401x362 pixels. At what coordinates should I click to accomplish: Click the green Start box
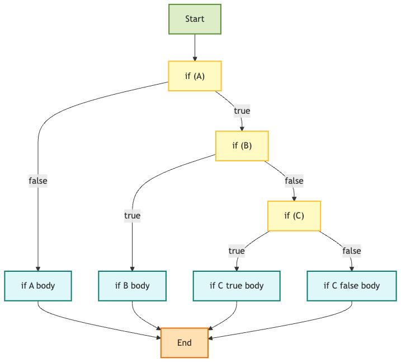(x=195, y=19)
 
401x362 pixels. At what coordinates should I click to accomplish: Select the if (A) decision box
(x=195, y=76)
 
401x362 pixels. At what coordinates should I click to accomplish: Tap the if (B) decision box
(x=242, y=146)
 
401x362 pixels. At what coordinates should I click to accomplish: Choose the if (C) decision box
(x=294, y=216)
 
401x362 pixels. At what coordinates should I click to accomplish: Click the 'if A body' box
(x=38, y=286)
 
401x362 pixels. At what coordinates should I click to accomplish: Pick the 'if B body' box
(x=132, y=286)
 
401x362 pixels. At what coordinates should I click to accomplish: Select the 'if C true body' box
(x=237, y=286)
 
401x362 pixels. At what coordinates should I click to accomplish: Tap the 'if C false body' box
(x=352, y=286)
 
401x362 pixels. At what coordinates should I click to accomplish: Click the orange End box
(x=185, y=343)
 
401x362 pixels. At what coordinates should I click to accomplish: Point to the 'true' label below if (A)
(x=242, y=111)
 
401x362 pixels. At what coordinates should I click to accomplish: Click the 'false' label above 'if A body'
(x=38, y=181)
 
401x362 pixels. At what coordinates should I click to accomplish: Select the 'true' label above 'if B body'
(x=132, y=216)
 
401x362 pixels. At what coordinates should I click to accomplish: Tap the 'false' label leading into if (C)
(x=294, y=181)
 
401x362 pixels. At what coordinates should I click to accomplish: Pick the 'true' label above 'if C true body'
(x=237, y=251)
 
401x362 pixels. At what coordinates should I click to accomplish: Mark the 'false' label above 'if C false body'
(x=352, y=251)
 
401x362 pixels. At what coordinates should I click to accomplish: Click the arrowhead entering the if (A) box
(x=195, y=59)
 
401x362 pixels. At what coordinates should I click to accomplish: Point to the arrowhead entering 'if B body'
(x=132, y=269)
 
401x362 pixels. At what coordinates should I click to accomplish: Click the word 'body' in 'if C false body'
(x=370, y=286)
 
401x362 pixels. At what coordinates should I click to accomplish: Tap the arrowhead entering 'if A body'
(x=38, y=269)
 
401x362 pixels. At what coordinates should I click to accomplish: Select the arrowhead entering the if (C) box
(x=294, y=199)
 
